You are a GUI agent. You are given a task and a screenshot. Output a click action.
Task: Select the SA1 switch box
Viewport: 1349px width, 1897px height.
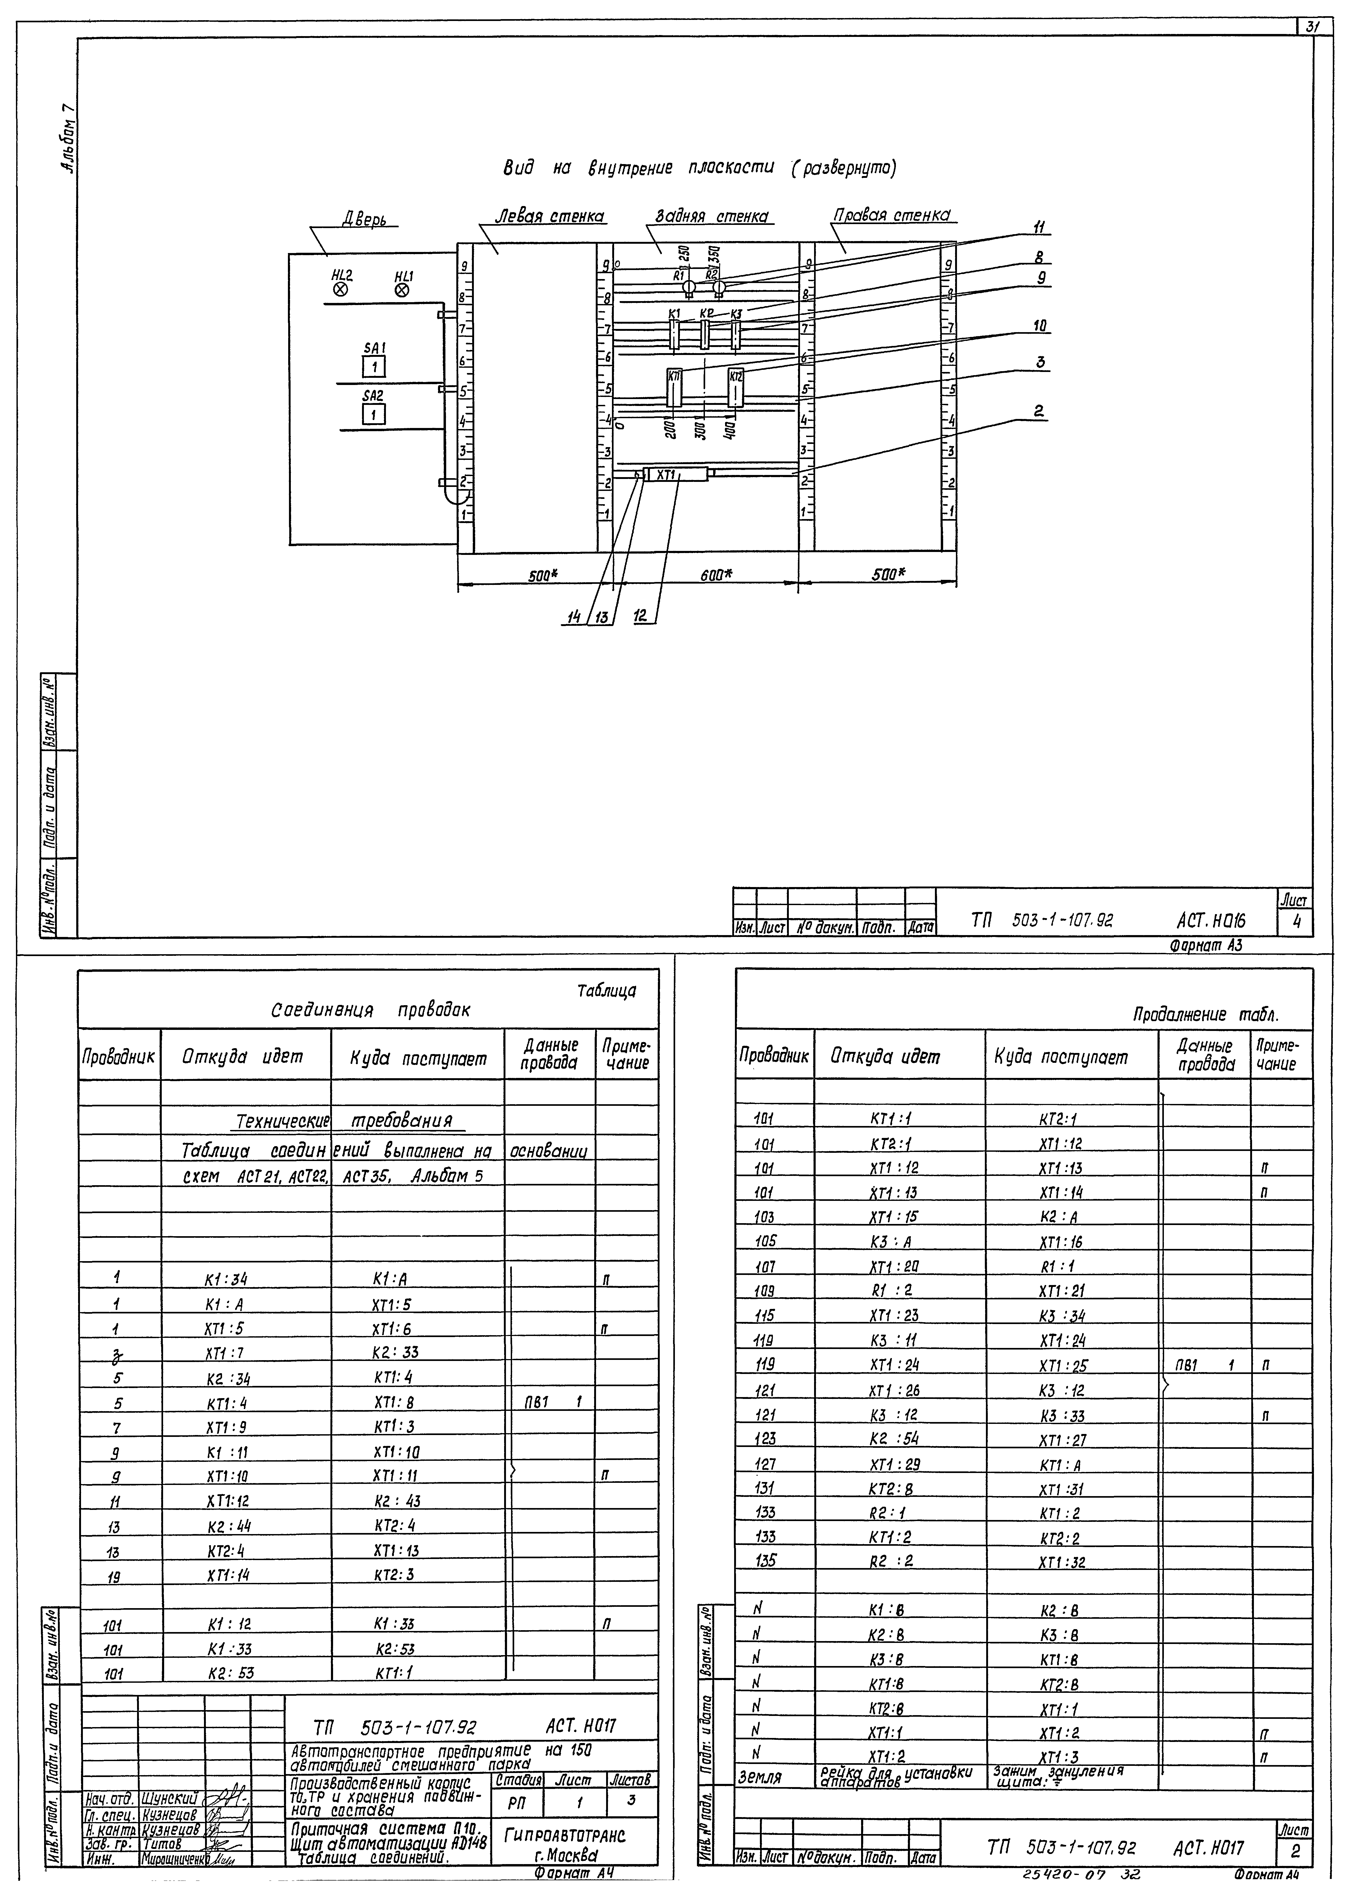coord(374,366)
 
